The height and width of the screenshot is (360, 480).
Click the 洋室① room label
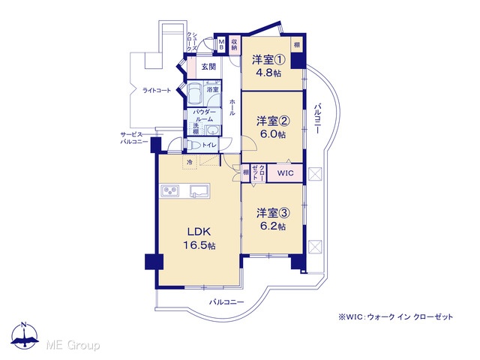click(268, 59)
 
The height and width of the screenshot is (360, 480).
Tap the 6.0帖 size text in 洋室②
click(272, 134)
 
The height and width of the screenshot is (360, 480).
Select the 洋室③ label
click(273, 213)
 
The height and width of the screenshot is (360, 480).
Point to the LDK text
click(199, 232)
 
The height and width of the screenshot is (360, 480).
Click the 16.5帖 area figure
click(199, 245)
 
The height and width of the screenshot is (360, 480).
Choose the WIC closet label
click(285, 173)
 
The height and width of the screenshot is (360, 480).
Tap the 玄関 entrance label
click(208, 67)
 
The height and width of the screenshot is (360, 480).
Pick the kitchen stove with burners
click(169, 191)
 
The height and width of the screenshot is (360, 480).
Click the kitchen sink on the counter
click(199, 190)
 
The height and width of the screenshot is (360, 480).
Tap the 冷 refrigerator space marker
click(190, 162)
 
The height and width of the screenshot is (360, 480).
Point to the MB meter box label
click(222, 44)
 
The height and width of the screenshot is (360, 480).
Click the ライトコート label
click(157, 90)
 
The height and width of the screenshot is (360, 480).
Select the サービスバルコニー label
click(133, 138)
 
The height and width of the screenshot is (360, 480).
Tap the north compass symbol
click(25, 335)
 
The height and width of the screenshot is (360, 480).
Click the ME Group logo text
click(73, 345)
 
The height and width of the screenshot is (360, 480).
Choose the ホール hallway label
click(232, 107)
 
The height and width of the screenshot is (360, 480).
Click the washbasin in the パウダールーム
click(211, 130)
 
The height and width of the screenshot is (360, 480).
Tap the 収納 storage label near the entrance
click(235, 44)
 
